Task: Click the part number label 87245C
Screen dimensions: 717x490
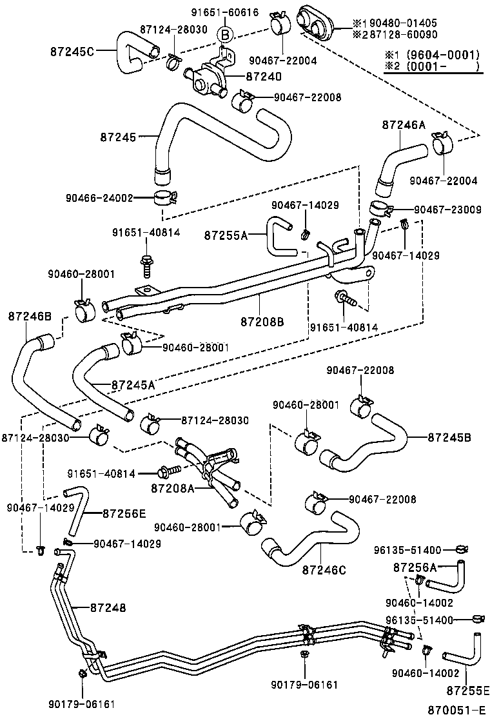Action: pos(73,51)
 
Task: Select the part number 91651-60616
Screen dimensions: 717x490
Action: pos(215,12)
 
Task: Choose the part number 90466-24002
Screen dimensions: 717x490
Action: pos(99,198)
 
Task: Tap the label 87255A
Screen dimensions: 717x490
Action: pos(226,235)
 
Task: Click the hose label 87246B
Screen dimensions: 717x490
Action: pos(30,316)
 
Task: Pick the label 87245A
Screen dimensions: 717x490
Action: pos(133,385)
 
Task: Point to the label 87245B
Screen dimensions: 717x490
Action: pos(449,437)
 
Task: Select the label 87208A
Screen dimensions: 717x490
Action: pos(173,489)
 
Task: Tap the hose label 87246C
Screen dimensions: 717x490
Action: pos(324,569)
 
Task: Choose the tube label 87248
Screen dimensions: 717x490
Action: pos(108,607)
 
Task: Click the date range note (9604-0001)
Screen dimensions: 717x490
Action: pos(433,54)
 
